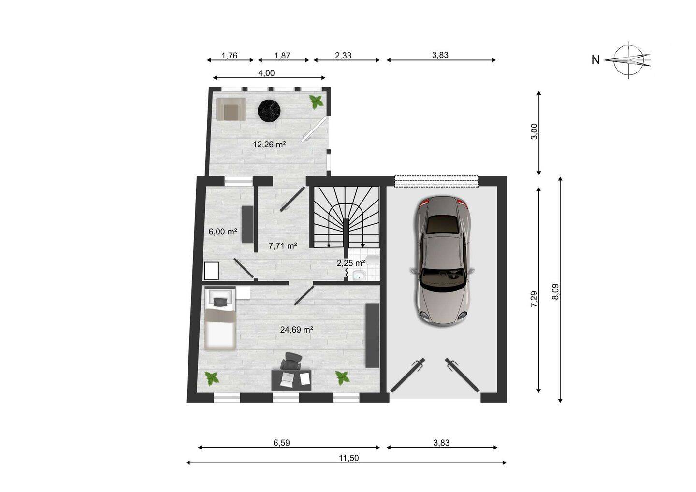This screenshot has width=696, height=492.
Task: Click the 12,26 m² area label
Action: pos(269,145)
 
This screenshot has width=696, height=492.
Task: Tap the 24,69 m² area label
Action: pos(296,330)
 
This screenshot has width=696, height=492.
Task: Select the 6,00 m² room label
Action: pos(223,232)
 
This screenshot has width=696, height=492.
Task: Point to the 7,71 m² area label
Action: pos(283,246)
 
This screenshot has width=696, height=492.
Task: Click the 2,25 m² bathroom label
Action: pos(351,263)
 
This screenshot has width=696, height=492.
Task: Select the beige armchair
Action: pos(231,109)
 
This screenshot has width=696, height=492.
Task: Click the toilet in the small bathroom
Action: pos(373,260)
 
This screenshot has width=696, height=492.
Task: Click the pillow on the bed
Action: pos(220,302)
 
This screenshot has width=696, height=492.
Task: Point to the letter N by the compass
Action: pos(595,60)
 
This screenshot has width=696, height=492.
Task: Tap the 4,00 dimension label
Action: pos(267,73)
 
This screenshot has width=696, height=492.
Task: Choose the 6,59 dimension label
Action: pos(281,443)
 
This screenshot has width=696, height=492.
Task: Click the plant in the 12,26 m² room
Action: pos(316,101)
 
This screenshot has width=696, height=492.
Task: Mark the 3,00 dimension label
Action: pos(534,131)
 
